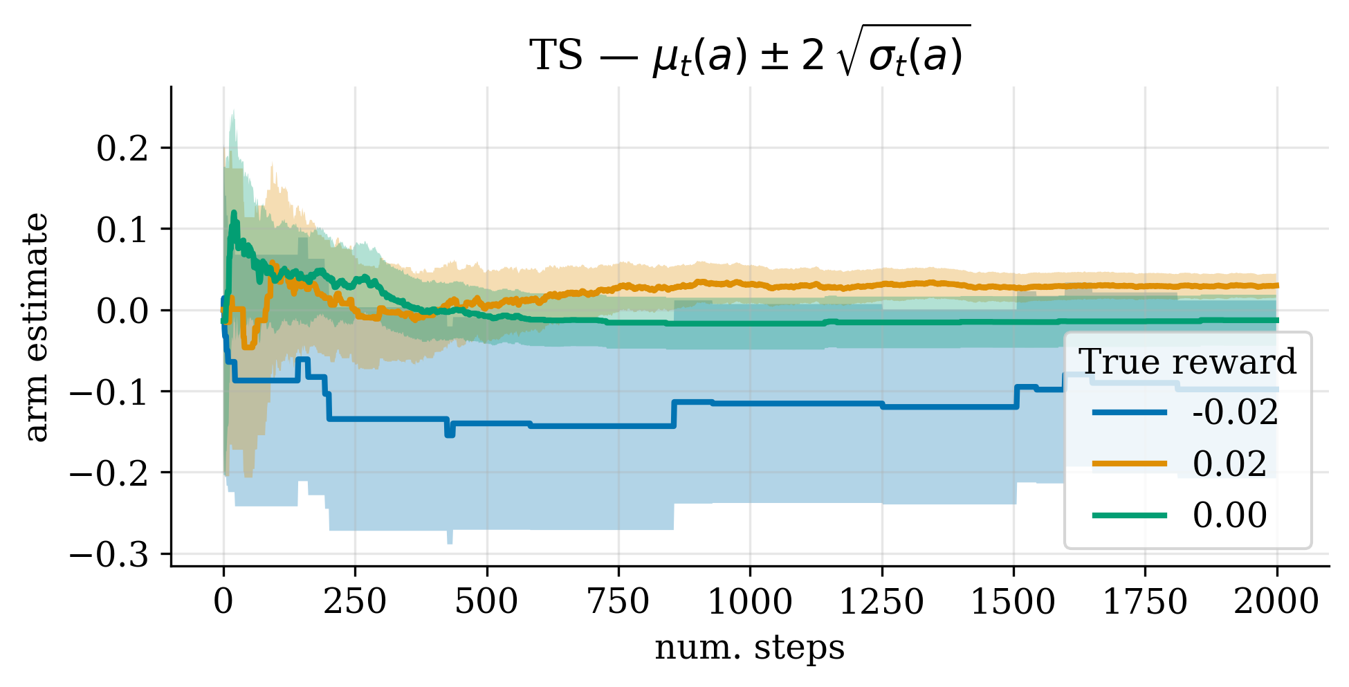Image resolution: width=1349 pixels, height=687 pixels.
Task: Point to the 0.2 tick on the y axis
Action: (x=122, y=149)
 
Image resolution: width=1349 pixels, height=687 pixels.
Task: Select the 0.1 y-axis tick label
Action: (x=122, y=230)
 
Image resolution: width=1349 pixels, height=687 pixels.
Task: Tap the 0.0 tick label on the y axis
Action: (x=122, y=311)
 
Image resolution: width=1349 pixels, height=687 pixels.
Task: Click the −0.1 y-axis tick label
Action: (x=110, y=392)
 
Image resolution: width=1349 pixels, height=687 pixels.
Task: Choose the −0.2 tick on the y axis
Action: (x=110, y=473)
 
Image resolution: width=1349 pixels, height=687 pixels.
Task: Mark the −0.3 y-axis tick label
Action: (x=110, y=554)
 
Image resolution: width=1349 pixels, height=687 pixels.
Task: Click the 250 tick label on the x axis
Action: (x=355, y=602)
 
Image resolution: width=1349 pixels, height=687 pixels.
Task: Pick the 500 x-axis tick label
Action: (x=486, y=602)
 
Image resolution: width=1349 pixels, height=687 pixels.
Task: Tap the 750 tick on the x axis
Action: (x=618, y=602)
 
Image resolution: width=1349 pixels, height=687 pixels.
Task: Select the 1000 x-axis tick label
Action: (x=750, y=602)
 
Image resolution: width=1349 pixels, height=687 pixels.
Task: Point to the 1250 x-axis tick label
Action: (x=881, y=602)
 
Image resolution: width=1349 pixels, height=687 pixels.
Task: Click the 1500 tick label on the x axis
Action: (x=1013, y=602)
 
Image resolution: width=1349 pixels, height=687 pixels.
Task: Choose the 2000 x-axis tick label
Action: (x=1276, y=602)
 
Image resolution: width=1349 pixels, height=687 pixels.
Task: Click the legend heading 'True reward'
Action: (x=1187, y=362)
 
